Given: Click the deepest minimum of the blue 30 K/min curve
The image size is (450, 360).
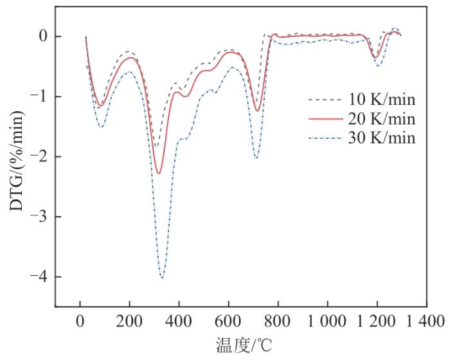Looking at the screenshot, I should point(161,278).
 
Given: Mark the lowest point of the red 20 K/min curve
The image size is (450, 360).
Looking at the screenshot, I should point(159,174).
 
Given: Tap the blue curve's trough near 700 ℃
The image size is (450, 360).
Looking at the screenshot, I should point(256,157).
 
